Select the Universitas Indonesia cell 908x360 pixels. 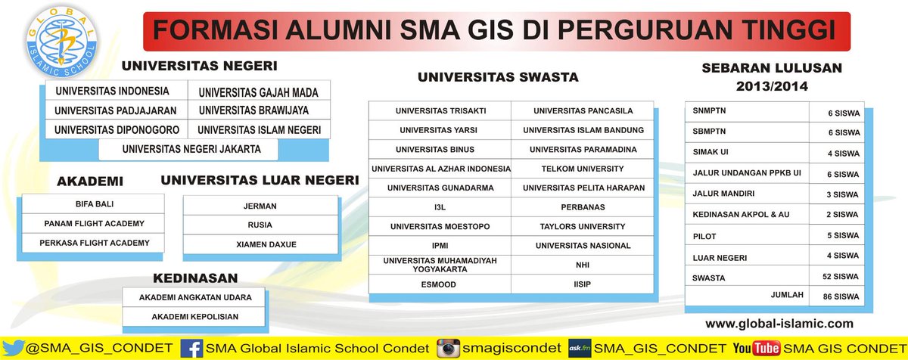pyautogui.click(x=112, y=92)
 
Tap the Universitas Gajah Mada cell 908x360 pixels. pyautogui.click(x=258, y=92)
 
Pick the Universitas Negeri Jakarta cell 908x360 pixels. pyautogui.click(x=191, y=149)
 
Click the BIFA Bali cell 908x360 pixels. pyautogui.click(x=94, y=204)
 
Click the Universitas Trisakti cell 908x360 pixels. pyautogui.click(x=440, y=110)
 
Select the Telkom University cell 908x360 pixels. pyautogui.click(x=583, y=168)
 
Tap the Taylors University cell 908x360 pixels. pyautogui.click(x=583, y=226)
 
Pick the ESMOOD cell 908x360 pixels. pyautogui.click(x=440, y=284)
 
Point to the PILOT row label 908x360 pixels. pyautogui.click(x=704, y=235)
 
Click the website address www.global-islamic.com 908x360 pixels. pyautogui.click(x=779, y=324)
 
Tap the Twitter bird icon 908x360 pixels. pyautogui.click(x=14, y=349)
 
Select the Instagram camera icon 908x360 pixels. pyautogui.click(x=449, y=349)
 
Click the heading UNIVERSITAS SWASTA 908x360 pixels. pyautogui.click(x=498, y=77)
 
